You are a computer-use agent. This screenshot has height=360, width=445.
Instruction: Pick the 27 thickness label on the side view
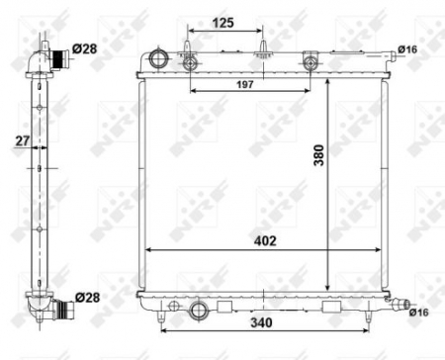[x=20, y=142]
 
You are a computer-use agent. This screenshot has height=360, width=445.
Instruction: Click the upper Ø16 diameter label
[x=407, y=47]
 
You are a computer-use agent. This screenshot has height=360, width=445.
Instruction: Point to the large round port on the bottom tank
[x=199, y=312]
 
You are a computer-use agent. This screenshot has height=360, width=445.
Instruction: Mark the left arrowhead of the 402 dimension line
[x=149, y=248]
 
